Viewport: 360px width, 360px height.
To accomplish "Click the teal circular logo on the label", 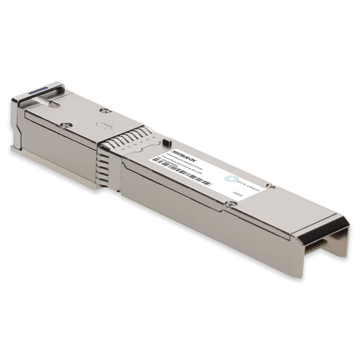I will point(230,178).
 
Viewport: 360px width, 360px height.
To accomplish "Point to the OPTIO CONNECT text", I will point(249,186).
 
